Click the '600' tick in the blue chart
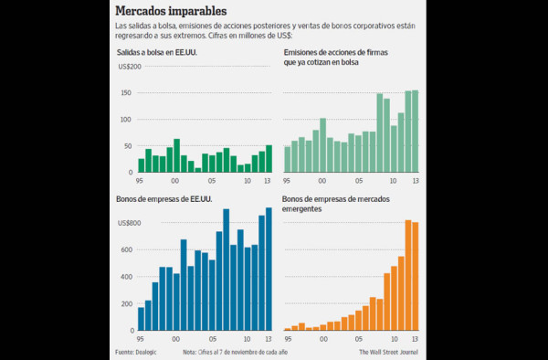pyautogui.click(x=128, y=249)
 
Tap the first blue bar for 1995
pyautogui.click(x=141, y=318)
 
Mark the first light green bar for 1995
pyautogui.click(x=288, y=159)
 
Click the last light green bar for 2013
pyautogui.click(x=416, y=131)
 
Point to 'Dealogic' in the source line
pyautogui.click(x=148, y=351)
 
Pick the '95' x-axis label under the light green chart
pyautogui.click(x=288, y=180)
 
